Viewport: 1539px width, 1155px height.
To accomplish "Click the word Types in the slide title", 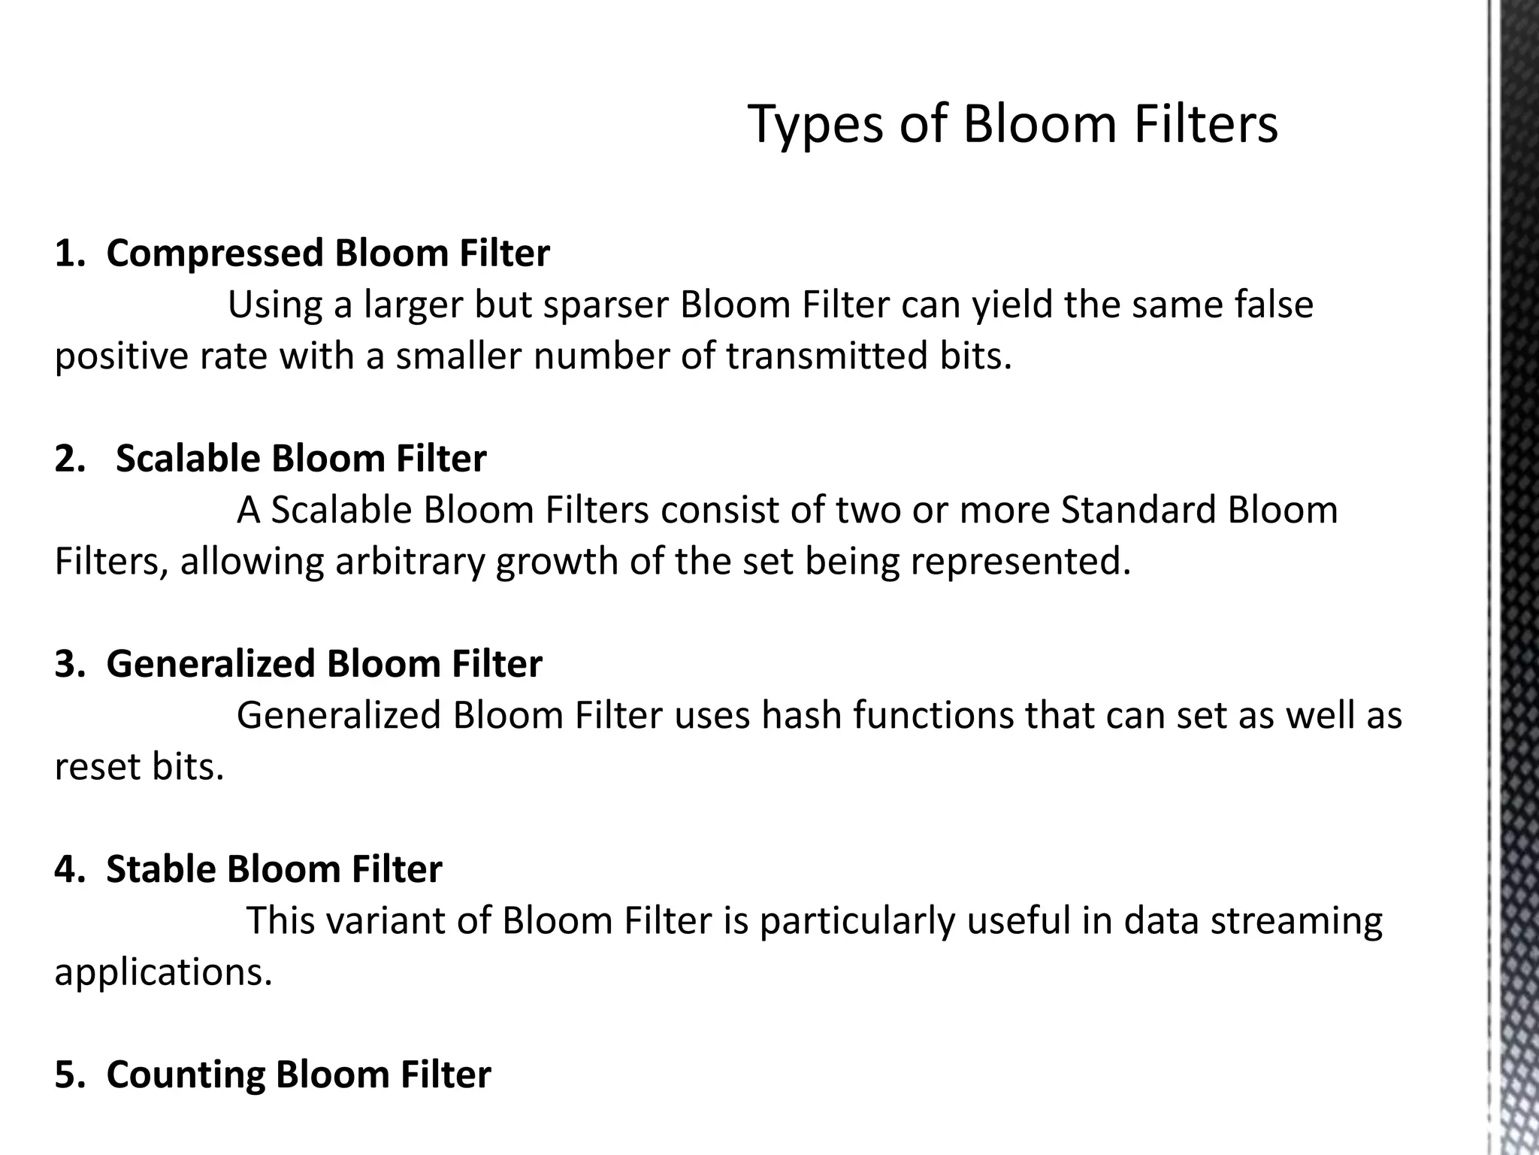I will [x=816, y=124].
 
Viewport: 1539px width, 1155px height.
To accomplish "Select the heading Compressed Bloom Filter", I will [x=328, y=253].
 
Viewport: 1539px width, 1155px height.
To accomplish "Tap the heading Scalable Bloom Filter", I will [x=301, y=458].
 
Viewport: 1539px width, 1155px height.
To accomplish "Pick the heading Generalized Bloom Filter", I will [x=324, y=663].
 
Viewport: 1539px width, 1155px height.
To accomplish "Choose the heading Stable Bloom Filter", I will [x=274, y=869].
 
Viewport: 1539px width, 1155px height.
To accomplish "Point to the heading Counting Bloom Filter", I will [x=298, y=1074].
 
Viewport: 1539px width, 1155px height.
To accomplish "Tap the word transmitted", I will [x=826, y=356].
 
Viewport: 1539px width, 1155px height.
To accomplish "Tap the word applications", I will [x=163, y=972].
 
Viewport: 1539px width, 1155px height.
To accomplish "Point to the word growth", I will [x=556, y=561].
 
